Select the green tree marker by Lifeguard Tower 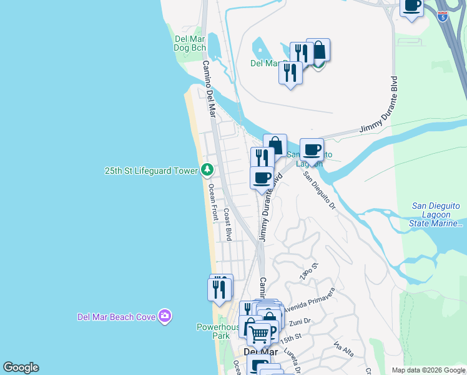pyautogui.click(x=207, y=170)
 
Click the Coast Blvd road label pyautogui.click(x=229, y=224)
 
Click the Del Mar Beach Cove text pyautogui.click(x=116, y=317)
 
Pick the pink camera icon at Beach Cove pyautogui.click(x=165, y=316)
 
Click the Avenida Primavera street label pyautogui.click(x=310, y=301)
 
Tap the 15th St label pyautogui.click(x=290, y=339)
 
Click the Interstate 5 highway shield pyautogui.click(x=443, y=17)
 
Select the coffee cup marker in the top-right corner pyautogui.click(x=411, y=6)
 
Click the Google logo pyautogui.click(x=21, y=367)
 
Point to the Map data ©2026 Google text pyautogui.click(x=428, y=370)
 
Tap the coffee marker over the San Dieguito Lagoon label pyautogui.click(x=312, y=150)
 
